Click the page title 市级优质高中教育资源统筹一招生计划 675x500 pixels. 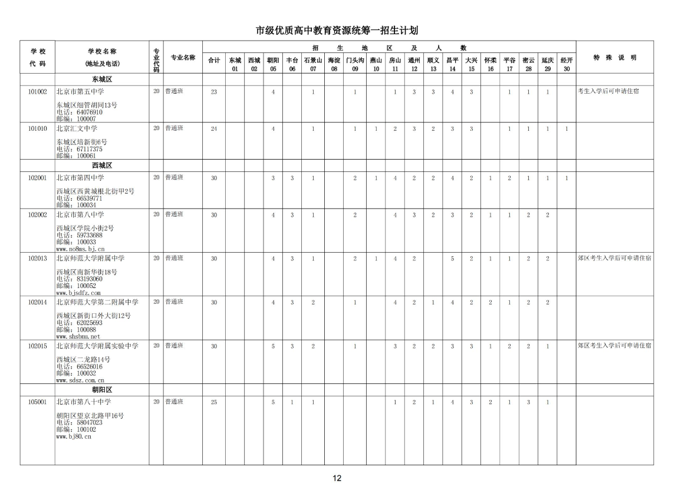click(337, 31)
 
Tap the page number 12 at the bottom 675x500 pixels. click(337, 478)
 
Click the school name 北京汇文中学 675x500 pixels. click(77, 128)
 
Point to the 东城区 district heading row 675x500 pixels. click(102, 78)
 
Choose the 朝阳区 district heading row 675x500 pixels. click(102, 390)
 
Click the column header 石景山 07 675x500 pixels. click(312, 64)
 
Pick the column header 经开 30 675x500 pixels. click(566, 64)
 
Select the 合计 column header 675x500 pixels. click(214, 60)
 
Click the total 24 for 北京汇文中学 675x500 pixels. click(214, 129)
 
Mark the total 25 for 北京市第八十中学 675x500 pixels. click(214, 402)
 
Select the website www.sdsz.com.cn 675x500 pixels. click(80, 380)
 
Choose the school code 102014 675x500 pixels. click(37, 302)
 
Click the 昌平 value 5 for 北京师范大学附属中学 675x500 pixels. click(452, 259)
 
